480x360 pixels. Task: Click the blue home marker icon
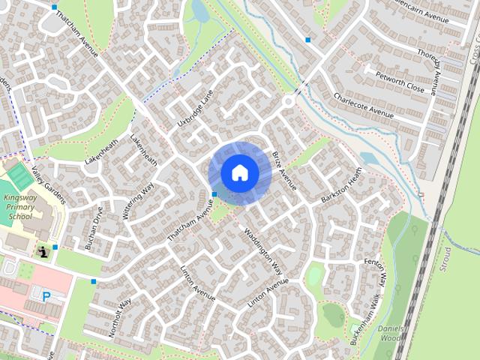[239, 173]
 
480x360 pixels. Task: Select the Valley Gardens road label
[49, 184]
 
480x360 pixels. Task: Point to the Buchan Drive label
[94, 229]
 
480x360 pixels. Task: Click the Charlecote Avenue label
[364, 106]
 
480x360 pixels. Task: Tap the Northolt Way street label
[120, 315]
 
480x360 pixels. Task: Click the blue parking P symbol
[46, 296]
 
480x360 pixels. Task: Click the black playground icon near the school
[43, 250]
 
